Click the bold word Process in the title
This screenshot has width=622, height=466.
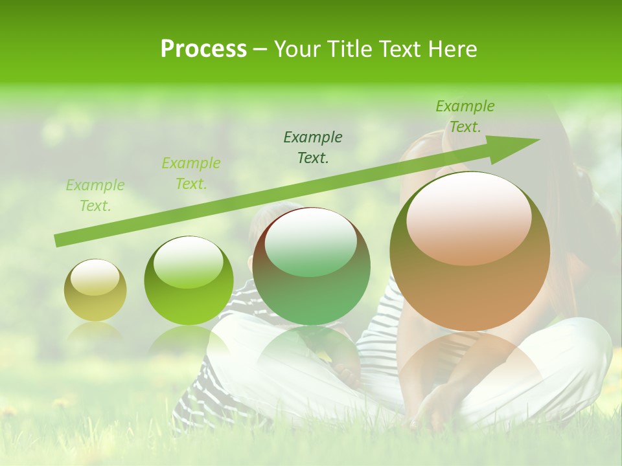click(x=203, y=49)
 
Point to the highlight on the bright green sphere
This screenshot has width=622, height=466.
click(x=188, y=262)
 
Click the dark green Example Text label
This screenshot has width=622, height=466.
click(x=313, y=148)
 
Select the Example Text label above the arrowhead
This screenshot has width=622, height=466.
click(x=465, y=116)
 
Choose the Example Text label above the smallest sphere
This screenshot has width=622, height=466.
click(x=95, y=195)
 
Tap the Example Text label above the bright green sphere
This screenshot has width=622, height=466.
click(x=191, y=173)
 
